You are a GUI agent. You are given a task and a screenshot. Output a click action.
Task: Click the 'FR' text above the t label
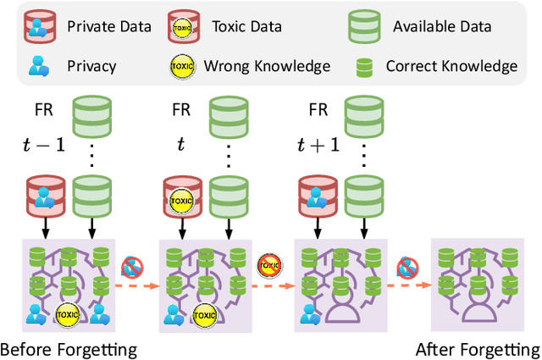coord(180,110)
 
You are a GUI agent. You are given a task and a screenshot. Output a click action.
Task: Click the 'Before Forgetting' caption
coord(68,349)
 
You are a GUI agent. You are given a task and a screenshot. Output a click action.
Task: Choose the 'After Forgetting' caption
coord(478,349)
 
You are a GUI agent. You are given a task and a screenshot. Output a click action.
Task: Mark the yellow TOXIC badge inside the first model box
coord(67,314)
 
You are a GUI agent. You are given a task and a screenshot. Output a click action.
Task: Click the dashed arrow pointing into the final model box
coord(408,285)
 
